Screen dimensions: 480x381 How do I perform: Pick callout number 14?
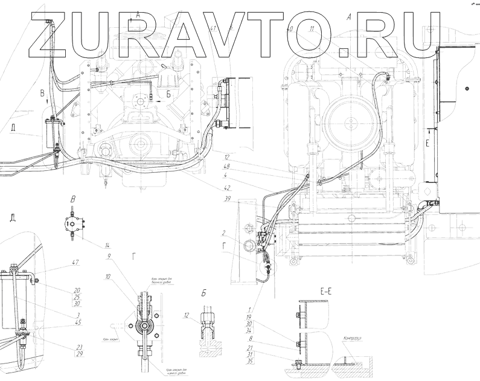pos(107,245)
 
